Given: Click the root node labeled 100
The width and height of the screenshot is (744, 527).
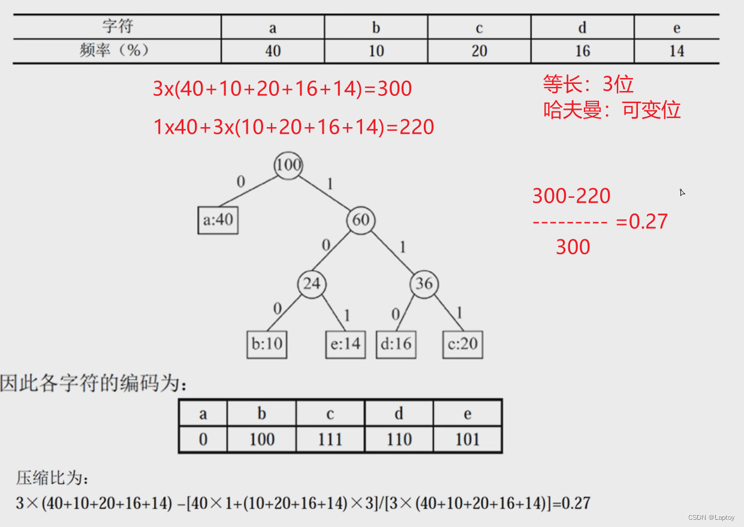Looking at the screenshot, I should click(288, 165).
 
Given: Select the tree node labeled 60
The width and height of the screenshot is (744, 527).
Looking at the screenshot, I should click(360, 220).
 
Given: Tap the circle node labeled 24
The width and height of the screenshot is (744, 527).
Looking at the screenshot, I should click(311, 284).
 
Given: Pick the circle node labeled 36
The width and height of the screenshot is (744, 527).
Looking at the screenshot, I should click(424, 284).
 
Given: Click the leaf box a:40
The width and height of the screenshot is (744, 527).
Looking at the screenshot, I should click(218, 220).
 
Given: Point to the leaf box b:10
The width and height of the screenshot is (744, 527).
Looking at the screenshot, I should click(267, 345).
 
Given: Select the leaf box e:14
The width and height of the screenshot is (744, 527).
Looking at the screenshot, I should click(345, 345).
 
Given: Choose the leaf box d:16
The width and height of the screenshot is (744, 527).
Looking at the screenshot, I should click(396, 345).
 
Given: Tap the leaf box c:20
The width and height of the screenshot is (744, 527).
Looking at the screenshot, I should click(462, 345).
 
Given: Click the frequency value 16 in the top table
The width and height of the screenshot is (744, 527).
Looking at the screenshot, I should click(582, 51).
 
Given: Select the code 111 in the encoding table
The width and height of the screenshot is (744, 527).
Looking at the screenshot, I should click(330, 439).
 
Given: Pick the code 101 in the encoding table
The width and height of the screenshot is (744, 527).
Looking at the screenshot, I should click(467, 439).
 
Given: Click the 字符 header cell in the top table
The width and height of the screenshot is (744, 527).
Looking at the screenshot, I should click(118, 26).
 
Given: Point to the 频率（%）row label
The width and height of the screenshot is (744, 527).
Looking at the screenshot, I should click(114, 50).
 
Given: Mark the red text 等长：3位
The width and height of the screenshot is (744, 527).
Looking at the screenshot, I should click(588, 84).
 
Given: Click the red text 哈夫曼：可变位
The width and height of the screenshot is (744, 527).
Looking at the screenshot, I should click(612, 110).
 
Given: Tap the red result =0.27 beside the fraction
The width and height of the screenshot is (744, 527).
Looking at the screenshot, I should click(641, 222).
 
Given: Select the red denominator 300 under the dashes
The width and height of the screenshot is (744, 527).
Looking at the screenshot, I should click(573, 247).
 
